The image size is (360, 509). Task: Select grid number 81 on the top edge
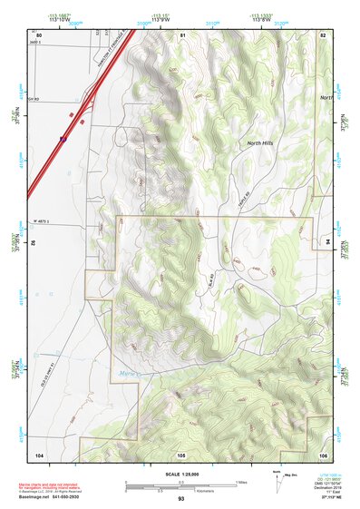point(182,34)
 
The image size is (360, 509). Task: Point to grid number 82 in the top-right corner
point(322,34)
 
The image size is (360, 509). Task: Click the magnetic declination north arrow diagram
point(277,484)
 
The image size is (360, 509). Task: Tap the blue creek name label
point(129,372)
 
